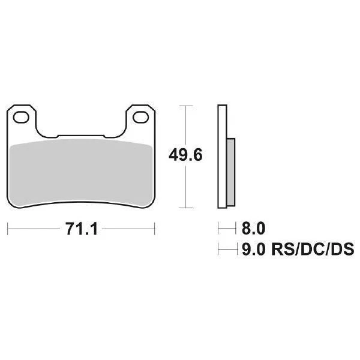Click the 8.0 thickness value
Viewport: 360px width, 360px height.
[x=253, y=229]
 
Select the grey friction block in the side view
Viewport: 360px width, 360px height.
[x=232, y=171]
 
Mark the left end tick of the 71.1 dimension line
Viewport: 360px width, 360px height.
[x=8, y=229]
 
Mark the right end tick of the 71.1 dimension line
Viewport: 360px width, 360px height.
[x=155, y=229]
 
